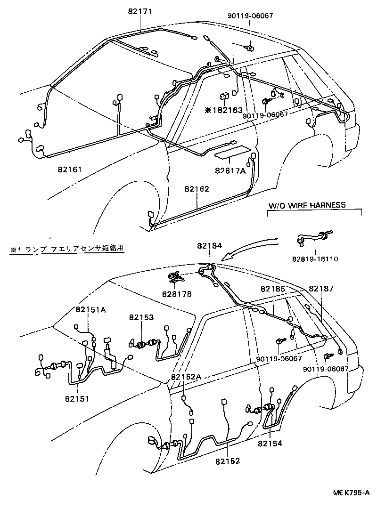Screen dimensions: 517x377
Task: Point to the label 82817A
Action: click(x=230, y=171)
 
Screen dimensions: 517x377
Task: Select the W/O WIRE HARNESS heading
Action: click(x=307, y=205)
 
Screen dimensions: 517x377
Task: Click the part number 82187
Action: click(x=321, y=289)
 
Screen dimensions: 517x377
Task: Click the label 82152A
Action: click(x=186, y=377)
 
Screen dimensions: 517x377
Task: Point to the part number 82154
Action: click(x=270, y=443)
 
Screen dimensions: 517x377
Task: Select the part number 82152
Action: click(x=228, y=460)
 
